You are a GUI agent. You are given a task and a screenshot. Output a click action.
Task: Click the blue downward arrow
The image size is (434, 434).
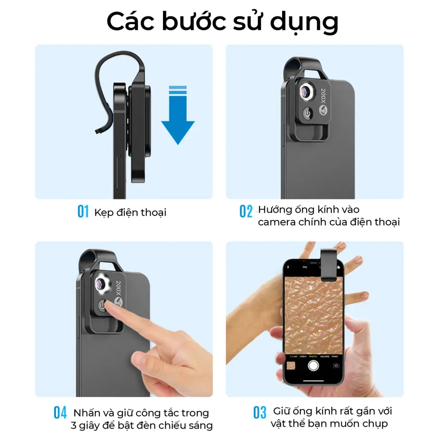[x=177, y=116]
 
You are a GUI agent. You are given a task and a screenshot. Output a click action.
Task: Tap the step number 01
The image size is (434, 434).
[x=83, y=212]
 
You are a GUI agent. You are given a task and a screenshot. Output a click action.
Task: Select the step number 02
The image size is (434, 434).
[x=246, y=212]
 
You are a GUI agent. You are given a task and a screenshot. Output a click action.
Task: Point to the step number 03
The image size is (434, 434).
[x=259, y=413]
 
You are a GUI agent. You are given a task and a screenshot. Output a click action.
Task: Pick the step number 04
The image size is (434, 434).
[x=60, y=413]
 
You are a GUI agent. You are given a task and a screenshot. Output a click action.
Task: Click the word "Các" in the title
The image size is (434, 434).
[x=130, y=22]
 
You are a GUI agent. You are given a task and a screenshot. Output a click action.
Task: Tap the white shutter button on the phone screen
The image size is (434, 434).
[x=313, y=366]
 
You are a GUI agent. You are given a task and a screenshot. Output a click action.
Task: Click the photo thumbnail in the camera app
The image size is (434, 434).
[x=291, y=366]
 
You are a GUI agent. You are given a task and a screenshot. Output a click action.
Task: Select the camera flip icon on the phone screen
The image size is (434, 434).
[x=336, y=366]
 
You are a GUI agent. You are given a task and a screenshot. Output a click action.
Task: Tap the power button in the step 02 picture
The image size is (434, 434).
[x=308, y=113]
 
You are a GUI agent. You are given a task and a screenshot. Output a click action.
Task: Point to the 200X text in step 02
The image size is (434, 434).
[x=323, y=96]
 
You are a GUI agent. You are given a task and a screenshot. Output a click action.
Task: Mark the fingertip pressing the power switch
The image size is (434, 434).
[x=108, y=305]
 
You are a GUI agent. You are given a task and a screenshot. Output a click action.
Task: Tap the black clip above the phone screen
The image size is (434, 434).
[x=329, y=264]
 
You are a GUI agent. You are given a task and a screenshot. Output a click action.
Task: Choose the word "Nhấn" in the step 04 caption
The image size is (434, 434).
[x=87, y=413]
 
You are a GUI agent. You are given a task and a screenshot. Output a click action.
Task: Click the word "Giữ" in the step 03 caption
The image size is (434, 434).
[x=282, y=411]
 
